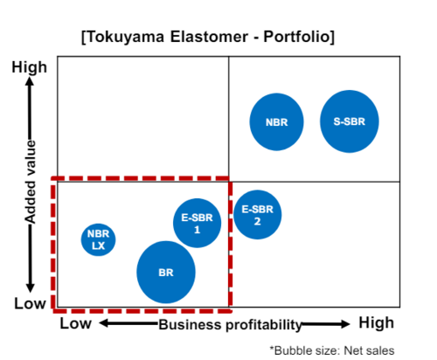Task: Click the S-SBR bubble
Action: (x=350, y=121)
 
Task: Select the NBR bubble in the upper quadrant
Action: (x=276, y=121)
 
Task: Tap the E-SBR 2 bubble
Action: (x=257, y=215)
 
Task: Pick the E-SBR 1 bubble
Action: (x=197, y=223)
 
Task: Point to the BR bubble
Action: (x=166, y=272)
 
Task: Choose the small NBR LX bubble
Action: (x=98, y=239)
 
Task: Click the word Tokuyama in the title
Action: (x=125, y=38)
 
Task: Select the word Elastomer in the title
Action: (x=209, y=37)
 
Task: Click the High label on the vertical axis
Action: (x=29, y=67)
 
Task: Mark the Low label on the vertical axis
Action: (x=30, y=303)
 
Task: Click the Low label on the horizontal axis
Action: (x=75, y=323)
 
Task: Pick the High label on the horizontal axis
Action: (x=376, y=322)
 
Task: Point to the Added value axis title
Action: (x=30, y=182)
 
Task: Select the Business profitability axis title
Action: (x=230, y=325)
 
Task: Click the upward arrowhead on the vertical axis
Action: (x=30, y=80)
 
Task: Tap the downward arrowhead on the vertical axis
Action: (x=30, y=287)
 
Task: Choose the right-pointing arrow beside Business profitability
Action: (x=326, y=324)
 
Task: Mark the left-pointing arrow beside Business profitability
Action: (x=128, y=323)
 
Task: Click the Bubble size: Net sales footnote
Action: (x=332, y=350)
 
